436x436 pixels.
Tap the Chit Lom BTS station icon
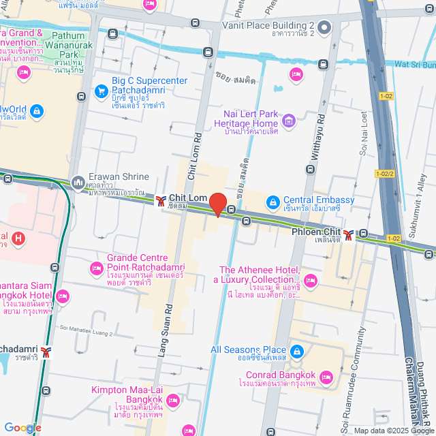pyautogui.click(x=161, y=201)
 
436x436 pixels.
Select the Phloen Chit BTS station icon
pyautogui.click(x=348, y=234)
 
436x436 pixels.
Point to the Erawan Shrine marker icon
pyautogui.click(x=78, y=182)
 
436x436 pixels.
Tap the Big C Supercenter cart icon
pyautogui.click(x=101, y=89)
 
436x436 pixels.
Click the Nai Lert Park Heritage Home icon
pyautogui.click(x=289, y=123)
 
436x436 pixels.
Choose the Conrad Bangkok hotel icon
pyautogui.click(x=326, y=377)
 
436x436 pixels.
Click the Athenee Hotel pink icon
pyautogui.click(x=311, y=279)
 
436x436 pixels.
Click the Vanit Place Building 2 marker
pyautogui.click(x=324, y=27)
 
